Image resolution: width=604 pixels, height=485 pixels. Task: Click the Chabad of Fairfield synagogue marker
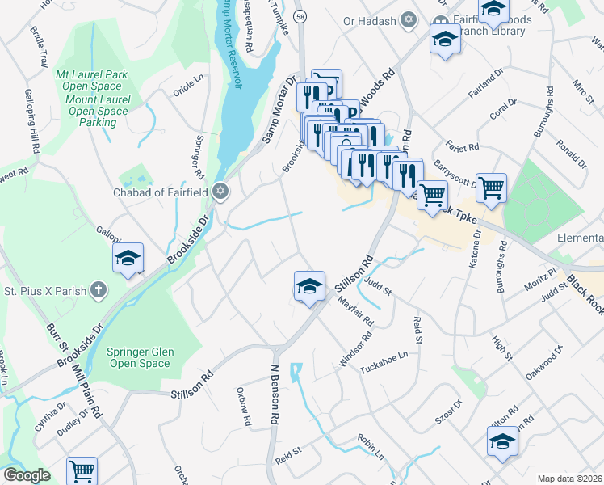[220, 192]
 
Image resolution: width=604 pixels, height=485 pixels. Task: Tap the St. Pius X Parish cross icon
[98, 289]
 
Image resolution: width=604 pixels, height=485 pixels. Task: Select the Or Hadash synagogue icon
[408, 19]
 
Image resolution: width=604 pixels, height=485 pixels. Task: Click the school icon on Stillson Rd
[308, 286]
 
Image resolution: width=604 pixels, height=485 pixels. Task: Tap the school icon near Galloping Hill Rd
[127, 258]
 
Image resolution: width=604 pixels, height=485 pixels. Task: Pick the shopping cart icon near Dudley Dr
[81, 470]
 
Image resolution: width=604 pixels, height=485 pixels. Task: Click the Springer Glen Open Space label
[138, 357]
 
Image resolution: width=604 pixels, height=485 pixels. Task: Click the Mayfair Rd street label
[356, 310]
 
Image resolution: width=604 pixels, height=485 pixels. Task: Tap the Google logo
[27, 475]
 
